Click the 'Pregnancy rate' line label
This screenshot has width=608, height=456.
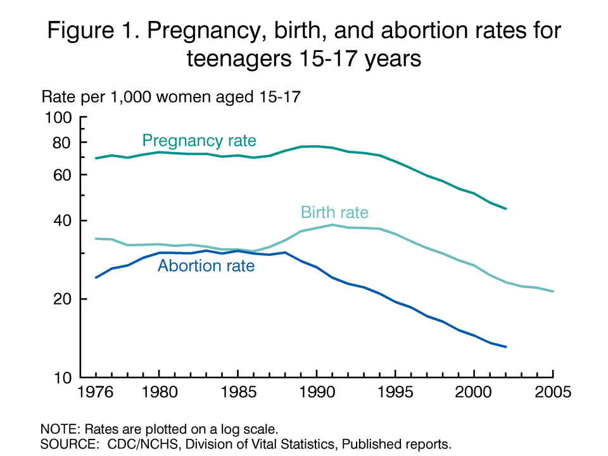pyautogui.click(x=199, y=141)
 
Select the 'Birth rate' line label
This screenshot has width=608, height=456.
pyautogui.click(x=334, y=213)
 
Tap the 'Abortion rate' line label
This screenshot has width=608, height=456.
pyautogui.click(x=206, y=266)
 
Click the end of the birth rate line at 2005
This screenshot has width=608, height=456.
pyautogui.click(x=553, y=291)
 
